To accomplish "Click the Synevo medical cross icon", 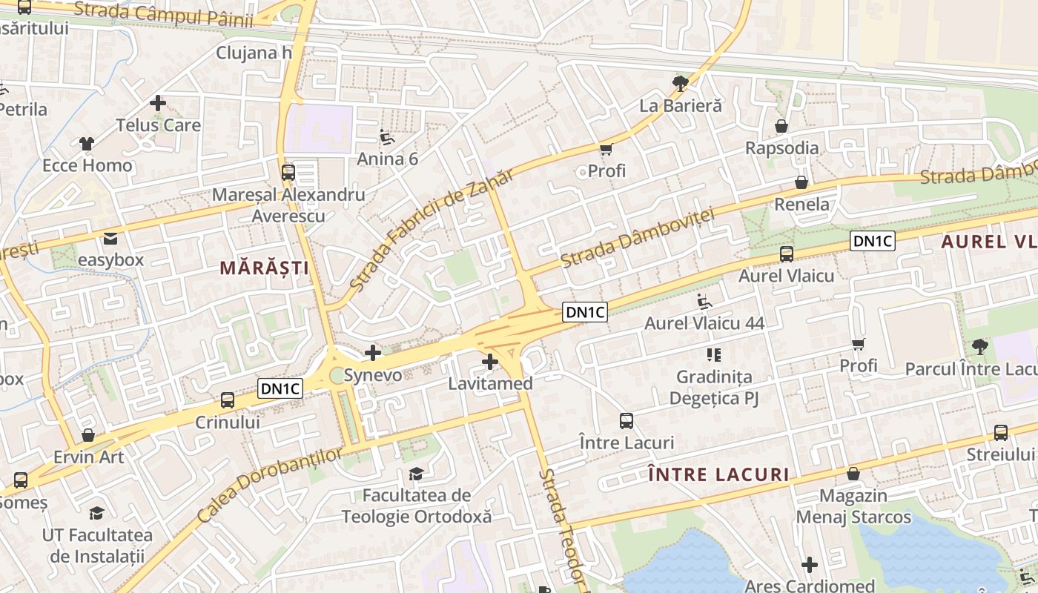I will tap(373, 353).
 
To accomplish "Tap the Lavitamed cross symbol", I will tap(489, 362).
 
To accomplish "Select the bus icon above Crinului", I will tap(228, 400).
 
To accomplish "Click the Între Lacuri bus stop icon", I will tap(627, 421).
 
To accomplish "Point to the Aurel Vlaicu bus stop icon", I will tap(787, 254).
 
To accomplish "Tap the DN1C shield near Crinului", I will tap(281, 388).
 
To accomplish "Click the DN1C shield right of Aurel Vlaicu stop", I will tap(873, 240).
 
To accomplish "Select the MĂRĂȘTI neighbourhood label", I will tap(264, 268).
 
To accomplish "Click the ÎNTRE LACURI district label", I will tap(718, 474).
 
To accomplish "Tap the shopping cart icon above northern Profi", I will tap(606, 150).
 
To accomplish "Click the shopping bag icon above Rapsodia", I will tap(781, 126).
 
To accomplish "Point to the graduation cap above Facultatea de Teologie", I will tap(417, 474).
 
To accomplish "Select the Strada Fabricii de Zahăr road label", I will tap(431, 230).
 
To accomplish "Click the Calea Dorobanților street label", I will tap(271, 485).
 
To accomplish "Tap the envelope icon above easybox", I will tap(110, 239).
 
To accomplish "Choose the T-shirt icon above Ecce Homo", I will tap(87, 143).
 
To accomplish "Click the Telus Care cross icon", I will tap(158, 103).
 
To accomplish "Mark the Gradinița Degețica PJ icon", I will tap(714, 355).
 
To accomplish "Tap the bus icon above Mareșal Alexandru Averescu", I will tap(288, 173).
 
